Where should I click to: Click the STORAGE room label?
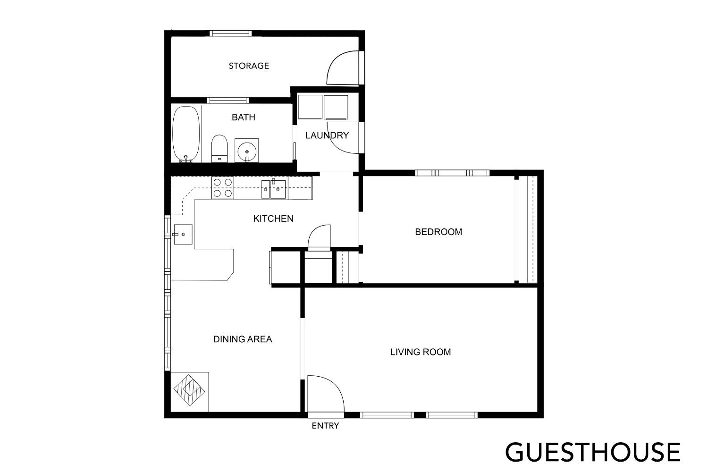pyautogui.click(x=249, y=66)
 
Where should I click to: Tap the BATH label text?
pyautogui.click(x=244, y=117)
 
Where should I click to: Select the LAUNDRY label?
pyautogui.click(x=327, y=135)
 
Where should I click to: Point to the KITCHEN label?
pyautogui.click(x=273, y=219)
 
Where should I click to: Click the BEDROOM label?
pyautogui.click(x=438, y=232)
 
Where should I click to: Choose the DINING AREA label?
pyautogui.click(x=243, y=339)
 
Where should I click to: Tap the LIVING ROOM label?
pyautogui.click(x=421, y=352)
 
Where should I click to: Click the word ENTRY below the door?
pyautogui.click(x=325, y=426)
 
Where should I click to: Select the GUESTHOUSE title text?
pyautogui.click(x=593, y=452)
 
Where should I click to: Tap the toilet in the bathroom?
pyautogui.click(x=219, y=149)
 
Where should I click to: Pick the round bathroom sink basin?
pyautogui.click(x=246, y=152)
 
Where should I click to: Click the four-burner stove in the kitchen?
pyautogui.click(x=223, y=187)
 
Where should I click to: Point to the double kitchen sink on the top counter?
pyautogui.click(x=274, y=189)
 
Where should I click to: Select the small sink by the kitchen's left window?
pyautogui.click(x=183, y=234)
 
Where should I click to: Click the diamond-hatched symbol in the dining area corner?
pyautogui.click(x=189, y=390)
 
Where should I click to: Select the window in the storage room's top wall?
pyautogui.click(x=230, y=33)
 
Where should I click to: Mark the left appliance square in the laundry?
pyautogui.click(x=310, y=107)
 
